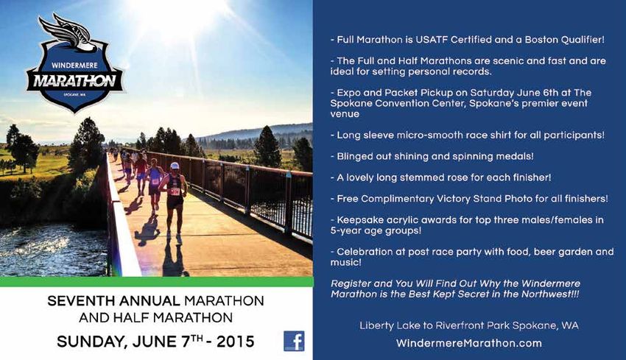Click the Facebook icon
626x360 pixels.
pos(294,341)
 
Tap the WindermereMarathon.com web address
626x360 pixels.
pos(468,343)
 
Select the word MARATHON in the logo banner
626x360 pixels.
pos(74,81)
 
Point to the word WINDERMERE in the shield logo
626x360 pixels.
pos(74,65)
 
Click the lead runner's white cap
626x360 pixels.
pos(175,166)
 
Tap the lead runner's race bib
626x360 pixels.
pos(175,191)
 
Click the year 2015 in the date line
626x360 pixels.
pos(235,342)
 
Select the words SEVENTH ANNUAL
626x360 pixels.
pos(113,300)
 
